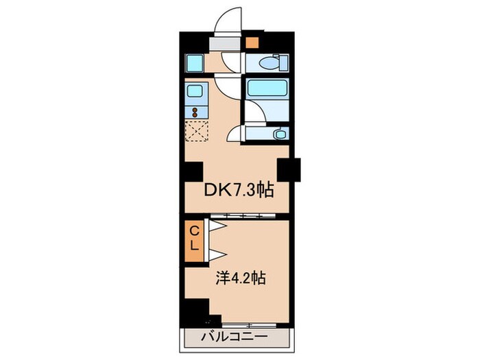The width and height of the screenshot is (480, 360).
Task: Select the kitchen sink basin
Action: click(193, 91)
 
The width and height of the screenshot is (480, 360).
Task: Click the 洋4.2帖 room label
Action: click(239, 279)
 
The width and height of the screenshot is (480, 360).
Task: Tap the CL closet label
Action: click(194, 238)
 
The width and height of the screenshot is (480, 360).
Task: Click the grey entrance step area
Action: click(226, 43)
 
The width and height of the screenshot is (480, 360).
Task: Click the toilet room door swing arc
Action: click(226, 86)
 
